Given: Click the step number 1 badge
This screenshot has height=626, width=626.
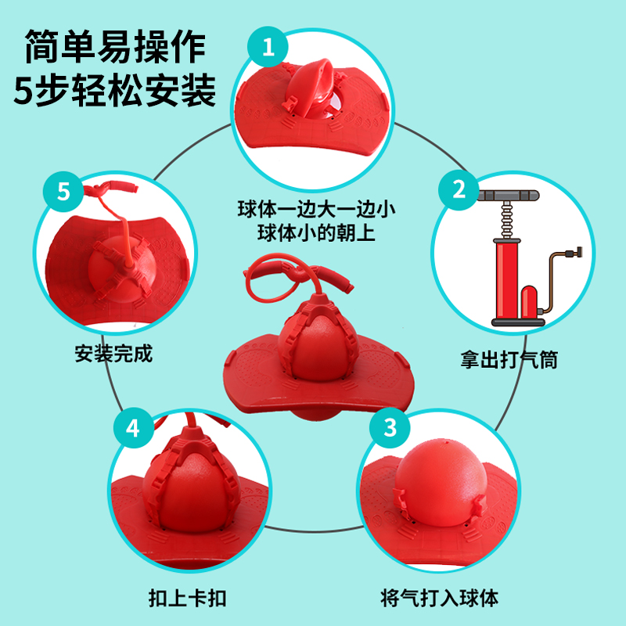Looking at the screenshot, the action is [x=268, y=47].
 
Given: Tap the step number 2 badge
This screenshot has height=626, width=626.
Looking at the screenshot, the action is [x=459, y=189].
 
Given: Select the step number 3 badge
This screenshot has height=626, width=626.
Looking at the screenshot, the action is [x=390, y=427].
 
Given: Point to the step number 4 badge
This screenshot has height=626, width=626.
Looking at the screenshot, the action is [x=133, y=427].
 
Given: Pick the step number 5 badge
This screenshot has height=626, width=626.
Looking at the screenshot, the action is [x=63, y=192].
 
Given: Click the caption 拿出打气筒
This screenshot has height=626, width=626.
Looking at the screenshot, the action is [x=509, y=360].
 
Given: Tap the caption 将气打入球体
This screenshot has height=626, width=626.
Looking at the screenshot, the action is [x=439, y=598].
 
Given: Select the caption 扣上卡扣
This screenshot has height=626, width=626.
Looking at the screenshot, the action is [x=187, y=598].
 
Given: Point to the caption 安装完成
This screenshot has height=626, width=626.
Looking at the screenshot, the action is [x=113, y=354].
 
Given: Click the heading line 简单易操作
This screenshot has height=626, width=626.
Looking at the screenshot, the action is [x=115, y=47].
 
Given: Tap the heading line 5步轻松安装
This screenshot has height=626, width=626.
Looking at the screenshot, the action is [x=115, y=90].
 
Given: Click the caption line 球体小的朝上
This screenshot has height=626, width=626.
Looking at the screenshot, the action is [x=316, y=232].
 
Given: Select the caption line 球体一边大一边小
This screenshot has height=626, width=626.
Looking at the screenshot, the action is [x=316, y=209].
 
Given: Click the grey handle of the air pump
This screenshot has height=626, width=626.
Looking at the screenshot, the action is [x=507, y=196].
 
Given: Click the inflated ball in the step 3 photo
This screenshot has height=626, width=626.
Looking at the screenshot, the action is [x=441, y=482].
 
